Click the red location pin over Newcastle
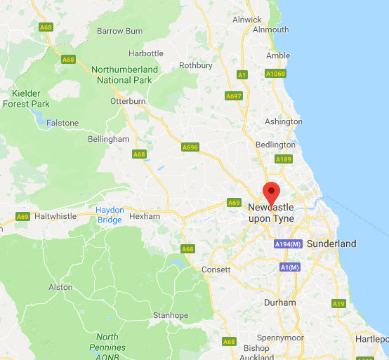[271, 191]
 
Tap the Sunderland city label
[331, 244]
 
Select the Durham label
[279, 302]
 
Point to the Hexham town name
[145, 216]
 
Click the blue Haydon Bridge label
[109, 215]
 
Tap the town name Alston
[60, 287]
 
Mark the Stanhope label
[171, 315]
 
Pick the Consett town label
[216, 269]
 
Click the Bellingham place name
[109, 139]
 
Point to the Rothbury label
[196, 65]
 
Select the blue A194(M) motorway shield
[288, 244]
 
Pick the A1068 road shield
[275, 73]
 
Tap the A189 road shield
[283, 159]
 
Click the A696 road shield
[190, 147]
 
